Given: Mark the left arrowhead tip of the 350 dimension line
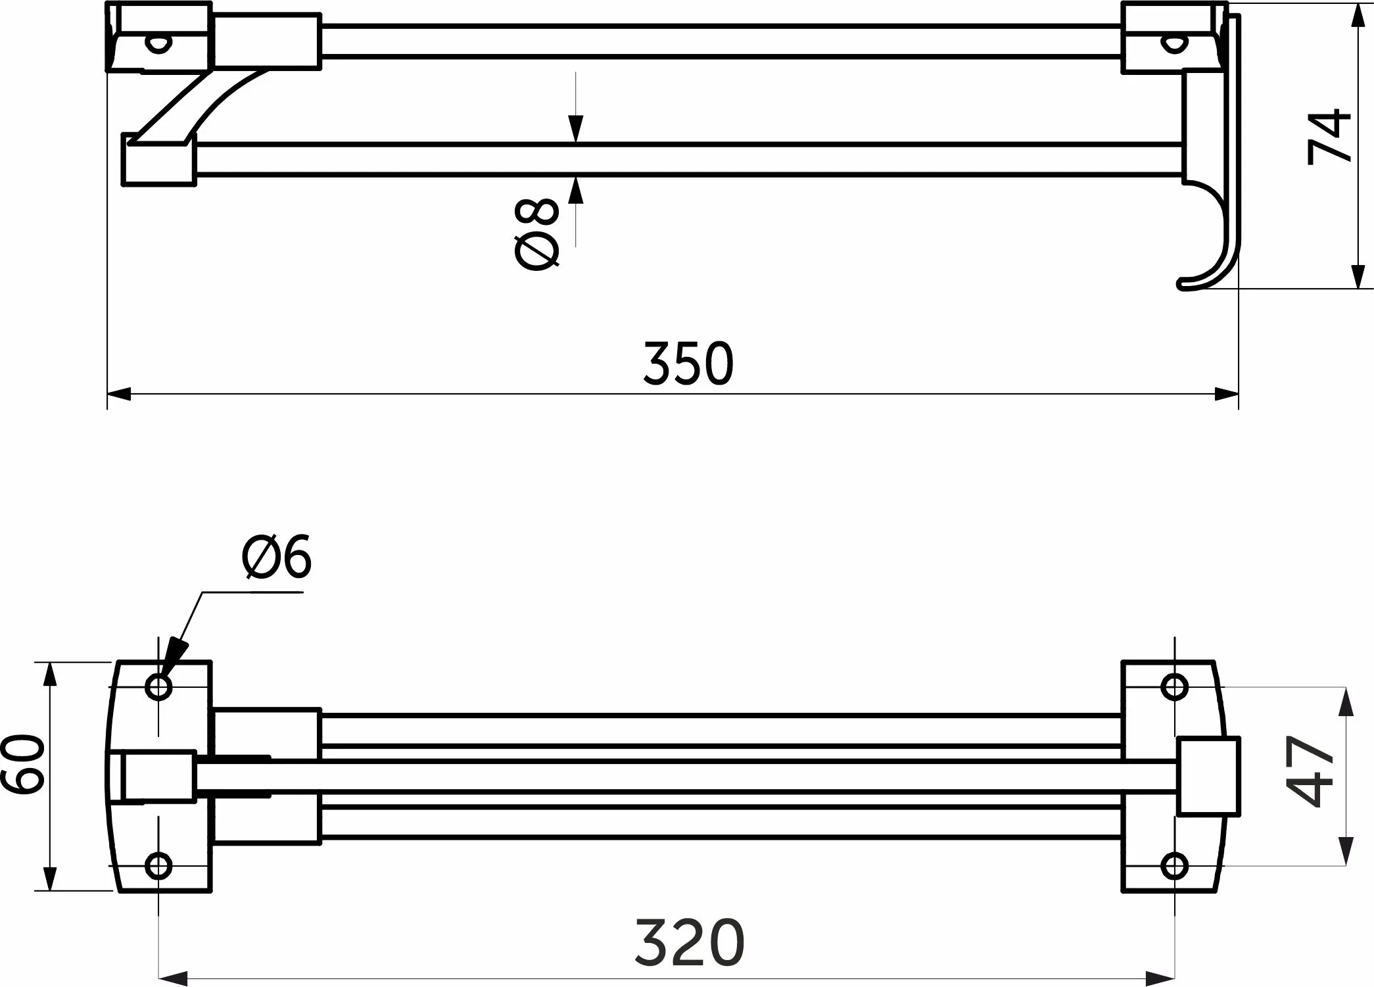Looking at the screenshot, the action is (x=107, y=395).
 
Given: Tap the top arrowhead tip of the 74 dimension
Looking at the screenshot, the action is (x=1356, y=4).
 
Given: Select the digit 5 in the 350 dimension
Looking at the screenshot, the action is (x=688, y=363).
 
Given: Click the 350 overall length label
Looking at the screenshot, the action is (x=688, y=363).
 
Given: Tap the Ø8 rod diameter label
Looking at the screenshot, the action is (x=537, y=234).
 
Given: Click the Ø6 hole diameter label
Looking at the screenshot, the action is (x=277, y=558).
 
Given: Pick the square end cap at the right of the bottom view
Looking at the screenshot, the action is (x=1208, y=777).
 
